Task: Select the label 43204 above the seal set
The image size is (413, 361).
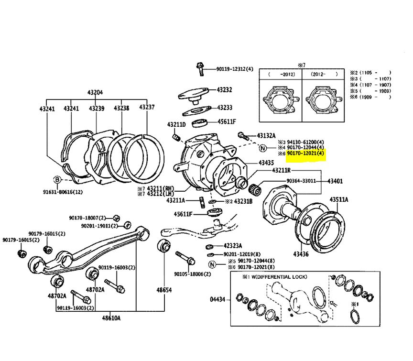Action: click(x=95, y=92)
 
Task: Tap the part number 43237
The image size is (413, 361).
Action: click(x=147, y=108)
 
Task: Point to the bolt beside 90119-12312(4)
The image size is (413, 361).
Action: click(x=200, y=69)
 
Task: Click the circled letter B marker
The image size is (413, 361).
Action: click(x=57, y=180)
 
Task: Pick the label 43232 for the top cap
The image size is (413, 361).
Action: click(x=224, y=89)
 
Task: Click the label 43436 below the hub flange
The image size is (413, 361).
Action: click(x=301, y=254)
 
